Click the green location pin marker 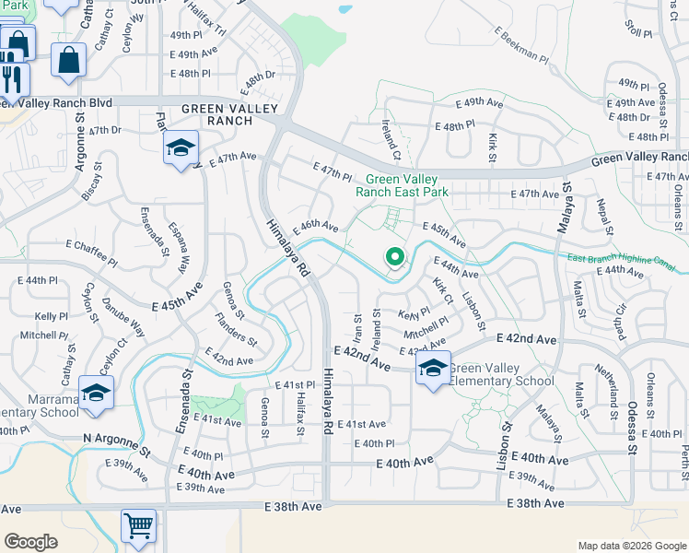click(395, 257)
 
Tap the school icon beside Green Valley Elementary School click(433, 369)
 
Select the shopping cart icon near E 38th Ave click(138, 526)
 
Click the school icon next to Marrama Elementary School click(95, 394)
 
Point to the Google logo click(30, 541)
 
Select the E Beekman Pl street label click(522, 46)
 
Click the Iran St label click(357, 325)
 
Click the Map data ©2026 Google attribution click(632, 546)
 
